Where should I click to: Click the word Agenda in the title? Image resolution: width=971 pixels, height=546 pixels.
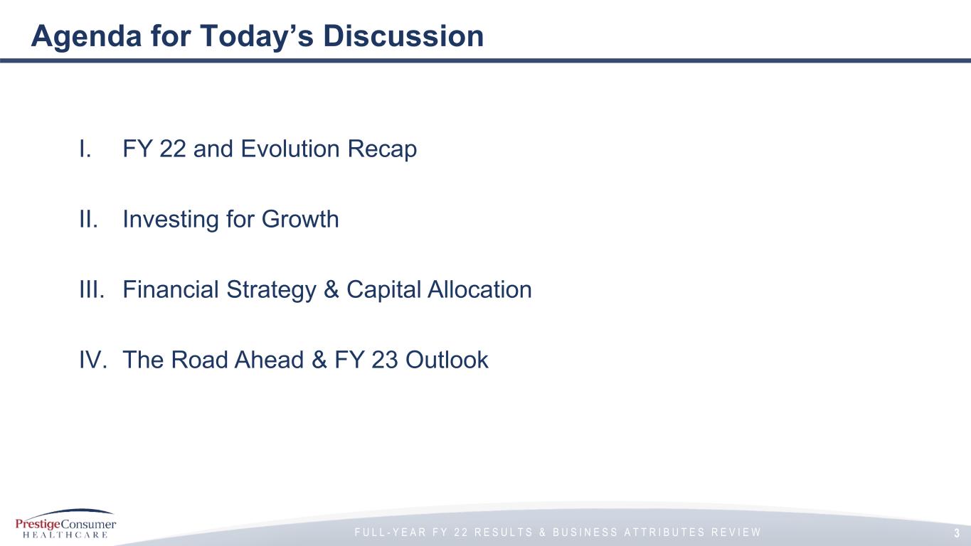coord(86,37)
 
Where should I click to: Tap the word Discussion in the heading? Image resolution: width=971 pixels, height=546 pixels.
coord(403,36)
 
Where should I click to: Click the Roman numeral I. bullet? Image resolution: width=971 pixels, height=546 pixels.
coord(85,149)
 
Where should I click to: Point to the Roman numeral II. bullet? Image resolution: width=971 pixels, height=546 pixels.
coord(88,219)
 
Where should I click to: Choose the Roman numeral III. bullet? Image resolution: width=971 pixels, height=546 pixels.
coord(92,289)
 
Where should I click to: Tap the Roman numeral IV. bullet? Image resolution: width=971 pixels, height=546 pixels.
coord(93,360)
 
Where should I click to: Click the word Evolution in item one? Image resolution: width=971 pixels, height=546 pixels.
coord(290,149)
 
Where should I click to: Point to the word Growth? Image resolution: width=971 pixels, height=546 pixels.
coord(300,219)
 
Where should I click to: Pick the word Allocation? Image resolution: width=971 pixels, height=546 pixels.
coord(479,289)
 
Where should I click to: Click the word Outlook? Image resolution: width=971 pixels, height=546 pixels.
coord(447,360)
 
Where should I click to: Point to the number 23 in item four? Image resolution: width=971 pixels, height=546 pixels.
coord(385,360)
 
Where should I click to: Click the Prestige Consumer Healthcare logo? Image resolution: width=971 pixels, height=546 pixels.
coord(65,523)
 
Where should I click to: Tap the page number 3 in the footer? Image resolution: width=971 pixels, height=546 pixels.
coord(957,533)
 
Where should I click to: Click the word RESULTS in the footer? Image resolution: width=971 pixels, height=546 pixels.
coord(504,532)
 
